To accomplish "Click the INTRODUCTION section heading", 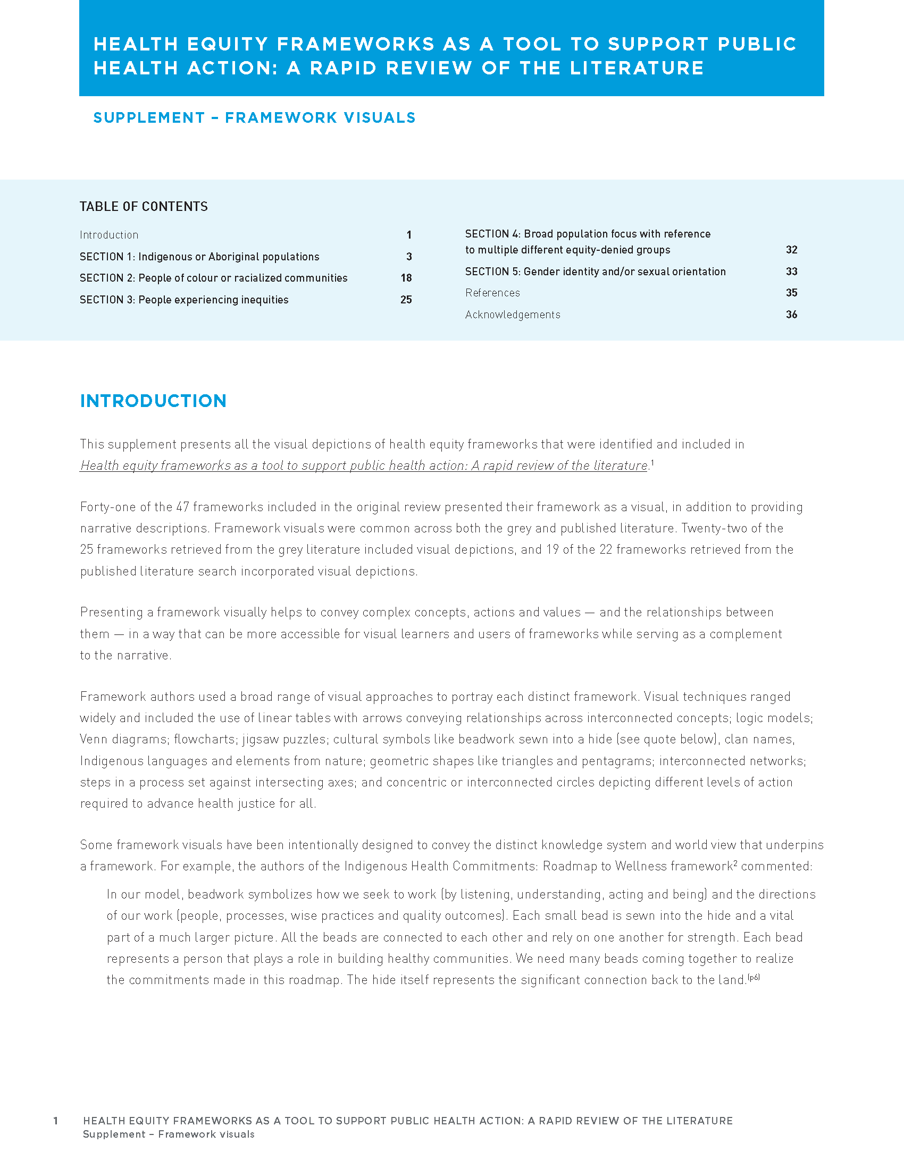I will (x=153, y=401).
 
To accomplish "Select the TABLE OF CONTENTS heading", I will (x=144, y=207).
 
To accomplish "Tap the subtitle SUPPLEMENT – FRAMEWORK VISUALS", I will (x=254, y=118).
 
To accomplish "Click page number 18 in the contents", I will (x=406, y=278).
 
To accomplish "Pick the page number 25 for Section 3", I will (x=406, y=300).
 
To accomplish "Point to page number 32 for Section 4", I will (x=792, y=250).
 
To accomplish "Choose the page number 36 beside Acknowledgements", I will (x=792, y=315).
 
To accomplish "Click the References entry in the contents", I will (x=492, y=293).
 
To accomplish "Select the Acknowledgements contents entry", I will (x=513, y=315).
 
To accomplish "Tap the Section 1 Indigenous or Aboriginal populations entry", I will (x=199, y=257).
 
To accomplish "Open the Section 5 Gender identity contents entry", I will (x=595, y=272).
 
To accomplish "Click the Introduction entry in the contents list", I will (x=109, y=235).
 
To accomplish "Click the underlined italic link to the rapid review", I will (x=364, y=465).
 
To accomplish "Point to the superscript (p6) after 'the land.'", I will (x=754, y=977).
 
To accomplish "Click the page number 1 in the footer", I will (x=56, y=1121).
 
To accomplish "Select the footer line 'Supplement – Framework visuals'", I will (x=169, y=1134).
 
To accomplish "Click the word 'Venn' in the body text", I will (x=93, y=739).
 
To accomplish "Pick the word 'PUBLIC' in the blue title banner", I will (x=757, y=44).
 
